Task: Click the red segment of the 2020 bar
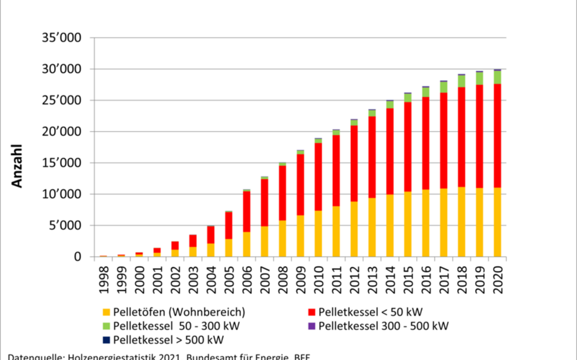[497, 135]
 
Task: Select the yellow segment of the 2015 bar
[408, 224]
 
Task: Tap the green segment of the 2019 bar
[479, 78]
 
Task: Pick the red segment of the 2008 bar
[282, 193]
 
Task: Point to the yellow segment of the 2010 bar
[318, 233]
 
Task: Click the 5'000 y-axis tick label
[67, 226]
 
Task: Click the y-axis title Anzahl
[17, 166]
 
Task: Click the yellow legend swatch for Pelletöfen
[106, 312]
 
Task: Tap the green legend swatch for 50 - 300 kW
[106, 326]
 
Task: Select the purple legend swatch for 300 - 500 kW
[311, 326]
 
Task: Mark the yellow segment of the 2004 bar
[211, 250]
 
